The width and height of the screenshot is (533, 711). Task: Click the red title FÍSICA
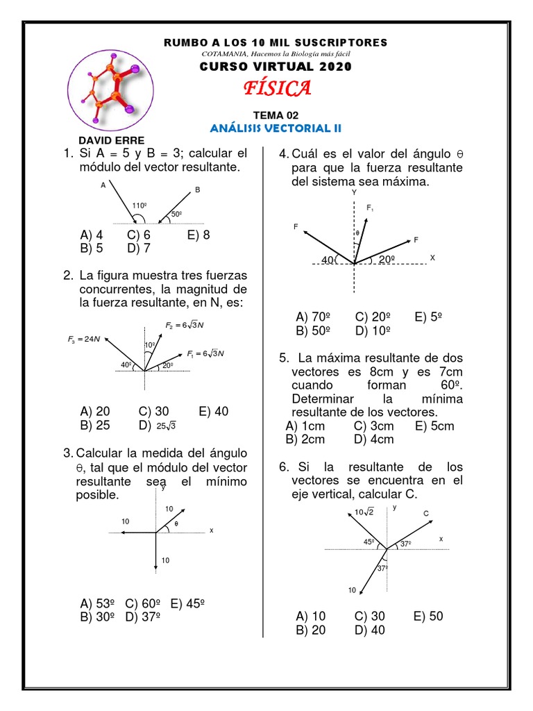[x=276, y=88]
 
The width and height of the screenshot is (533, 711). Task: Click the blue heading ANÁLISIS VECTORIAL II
[x=276, y=128]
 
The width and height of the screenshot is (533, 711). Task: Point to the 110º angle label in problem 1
[x=141, y=206]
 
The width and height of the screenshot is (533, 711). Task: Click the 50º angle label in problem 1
[x=176, y=213]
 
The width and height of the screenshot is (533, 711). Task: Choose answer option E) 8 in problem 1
[x=198, y=235]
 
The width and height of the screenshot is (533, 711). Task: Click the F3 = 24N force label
[x=84, y=339]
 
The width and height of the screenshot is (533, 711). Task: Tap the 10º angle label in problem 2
[x=149, y=345]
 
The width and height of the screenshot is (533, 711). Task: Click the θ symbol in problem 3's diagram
[x=176, y=524]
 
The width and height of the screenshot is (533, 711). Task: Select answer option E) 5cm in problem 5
[x=434, y=426]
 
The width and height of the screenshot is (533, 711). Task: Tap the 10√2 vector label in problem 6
[x=364, y=512]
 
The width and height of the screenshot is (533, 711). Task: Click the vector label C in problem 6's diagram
[x=426, y=512]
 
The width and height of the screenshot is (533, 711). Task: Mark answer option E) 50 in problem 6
[x=428, y=617]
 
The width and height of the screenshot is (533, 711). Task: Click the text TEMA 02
[x=276, y=115]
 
